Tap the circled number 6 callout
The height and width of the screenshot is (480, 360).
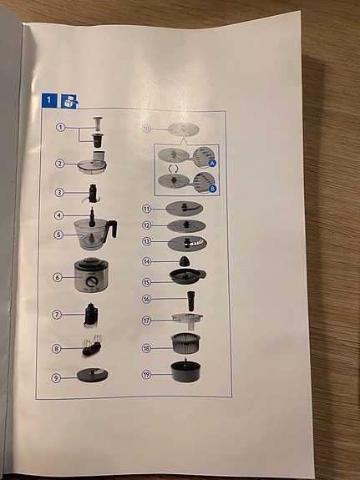(58, 278)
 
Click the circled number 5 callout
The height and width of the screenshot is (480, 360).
(58, 235)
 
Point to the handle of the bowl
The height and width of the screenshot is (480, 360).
(112, 229)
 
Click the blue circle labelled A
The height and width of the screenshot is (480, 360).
(212, 163)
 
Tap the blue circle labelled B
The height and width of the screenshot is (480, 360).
(213, 189)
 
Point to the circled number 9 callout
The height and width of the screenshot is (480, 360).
(57, 377)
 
